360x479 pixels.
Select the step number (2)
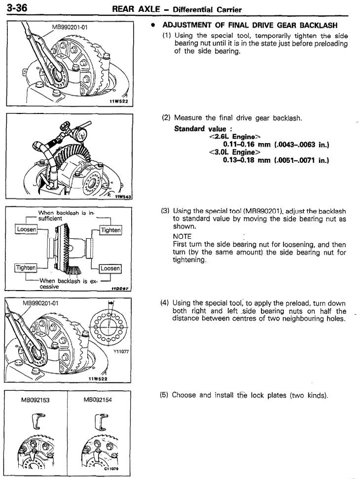[166, 118]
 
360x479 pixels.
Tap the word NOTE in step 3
[182, 236]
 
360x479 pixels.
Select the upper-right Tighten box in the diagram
[111, 230]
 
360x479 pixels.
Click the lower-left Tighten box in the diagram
[25, 267]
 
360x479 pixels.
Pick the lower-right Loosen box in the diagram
[111, 268]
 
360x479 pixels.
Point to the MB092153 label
[35, 400]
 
